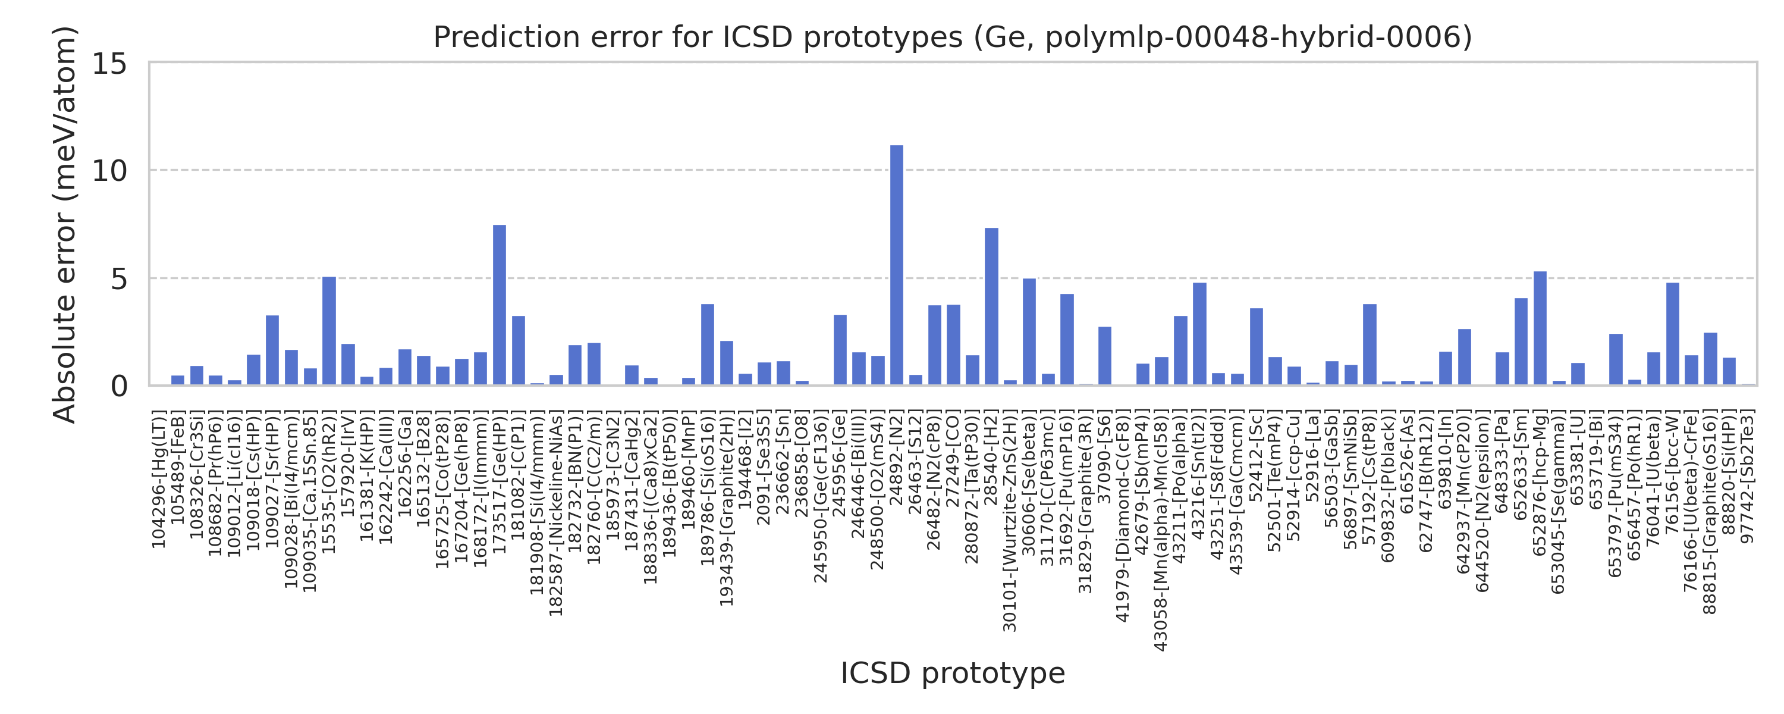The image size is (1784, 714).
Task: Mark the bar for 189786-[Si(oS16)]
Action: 707,345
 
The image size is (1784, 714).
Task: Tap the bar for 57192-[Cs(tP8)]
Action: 1369,345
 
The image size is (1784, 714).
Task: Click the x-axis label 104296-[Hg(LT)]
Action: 159,482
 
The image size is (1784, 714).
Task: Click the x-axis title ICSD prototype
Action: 952,673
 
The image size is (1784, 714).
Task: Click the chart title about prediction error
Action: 952,37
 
